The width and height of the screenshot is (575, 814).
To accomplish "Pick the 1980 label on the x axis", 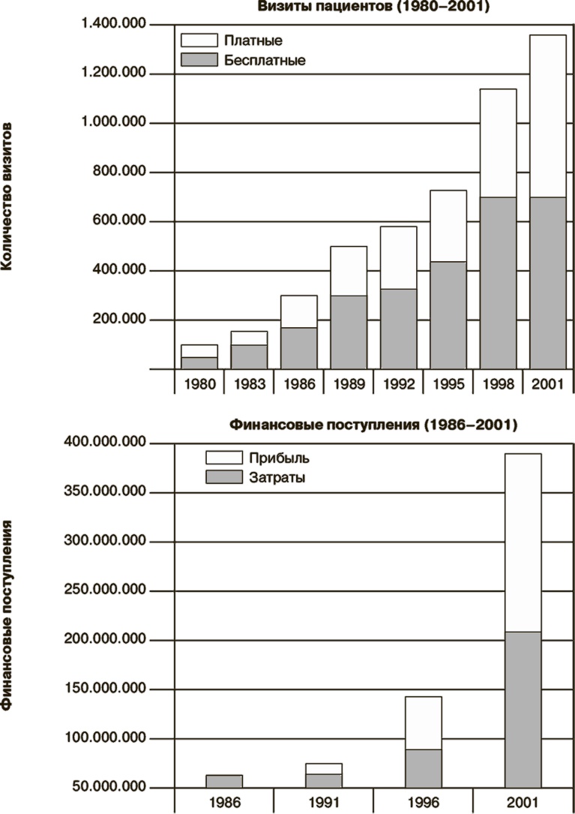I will click(x=199, y=384).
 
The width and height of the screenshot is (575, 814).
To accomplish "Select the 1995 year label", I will click(x=448, y=384).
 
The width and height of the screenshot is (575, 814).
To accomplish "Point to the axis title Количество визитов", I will click(x=9, y=197).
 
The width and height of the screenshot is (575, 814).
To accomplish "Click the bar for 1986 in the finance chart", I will click(x=224, y=781).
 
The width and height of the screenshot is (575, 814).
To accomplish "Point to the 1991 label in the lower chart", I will click(x=324, y=801).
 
